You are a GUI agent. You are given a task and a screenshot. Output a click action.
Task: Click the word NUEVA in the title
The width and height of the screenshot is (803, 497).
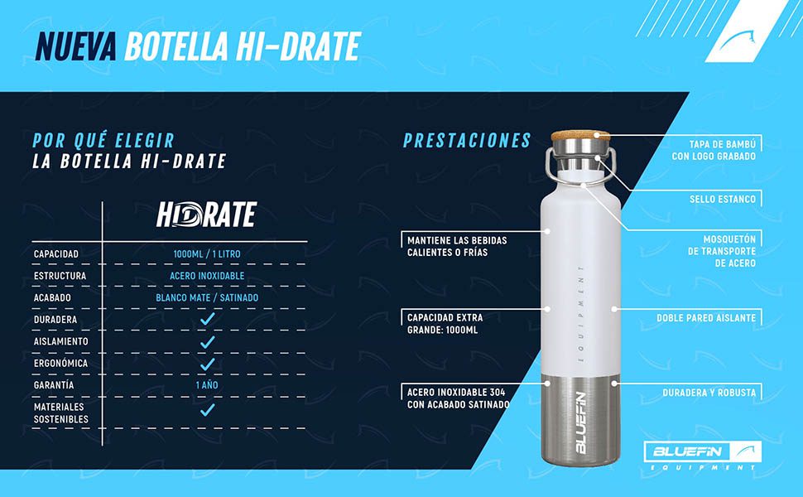point(76,46)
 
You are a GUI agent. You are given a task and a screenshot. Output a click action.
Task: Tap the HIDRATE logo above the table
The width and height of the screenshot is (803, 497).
point(206,215)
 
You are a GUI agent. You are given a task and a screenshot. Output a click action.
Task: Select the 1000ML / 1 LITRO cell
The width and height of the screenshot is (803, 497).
point(207,253)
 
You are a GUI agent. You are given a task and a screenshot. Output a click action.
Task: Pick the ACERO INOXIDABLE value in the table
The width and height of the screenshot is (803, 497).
point(207,276)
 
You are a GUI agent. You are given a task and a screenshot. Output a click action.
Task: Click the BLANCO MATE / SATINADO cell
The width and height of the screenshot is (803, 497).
point(207,297)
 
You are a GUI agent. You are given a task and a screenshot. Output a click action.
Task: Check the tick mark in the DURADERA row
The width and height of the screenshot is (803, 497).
point(208,319)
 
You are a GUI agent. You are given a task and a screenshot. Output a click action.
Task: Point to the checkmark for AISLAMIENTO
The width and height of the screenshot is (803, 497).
point(208,342)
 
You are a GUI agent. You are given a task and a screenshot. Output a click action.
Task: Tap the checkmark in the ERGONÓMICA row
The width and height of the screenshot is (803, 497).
point(208,364)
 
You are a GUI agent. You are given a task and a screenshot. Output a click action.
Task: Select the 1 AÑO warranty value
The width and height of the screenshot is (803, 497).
point(207,385)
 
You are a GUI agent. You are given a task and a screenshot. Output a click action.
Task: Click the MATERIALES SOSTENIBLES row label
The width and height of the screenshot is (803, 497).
point(61,413)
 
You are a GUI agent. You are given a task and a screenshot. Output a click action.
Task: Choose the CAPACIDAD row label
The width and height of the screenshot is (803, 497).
point(56,254)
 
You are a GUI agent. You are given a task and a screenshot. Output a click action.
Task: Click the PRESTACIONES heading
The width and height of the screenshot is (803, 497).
point(467,140)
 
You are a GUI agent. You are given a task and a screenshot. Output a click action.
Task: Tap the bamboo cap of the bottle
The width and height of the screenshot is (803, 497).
point(581,135)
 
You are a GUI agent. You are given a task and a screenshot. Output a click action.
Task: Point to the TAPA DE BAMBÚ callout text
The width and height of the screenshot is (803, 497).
point(714,150)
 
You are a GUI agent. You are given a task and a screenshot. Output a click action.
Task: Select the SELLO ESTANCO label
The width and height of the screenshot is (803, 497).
point(723,199)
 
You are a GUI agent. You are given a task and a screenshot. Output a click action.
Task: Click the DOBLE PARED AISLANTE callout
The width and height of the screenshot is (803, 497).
point(706,318)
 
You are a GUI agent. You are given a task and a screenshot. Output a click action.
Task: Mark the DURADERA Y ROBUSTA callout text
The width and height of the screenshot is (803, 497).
point(709,393)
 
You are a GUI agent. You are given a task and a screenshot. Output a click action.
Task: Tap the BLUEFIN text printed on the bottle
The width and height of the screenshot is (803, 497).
point(581,423)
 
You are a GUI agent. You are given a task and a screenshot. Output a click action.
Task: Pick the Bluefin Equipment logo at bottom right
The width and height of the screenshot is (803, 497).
point(703,456)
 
